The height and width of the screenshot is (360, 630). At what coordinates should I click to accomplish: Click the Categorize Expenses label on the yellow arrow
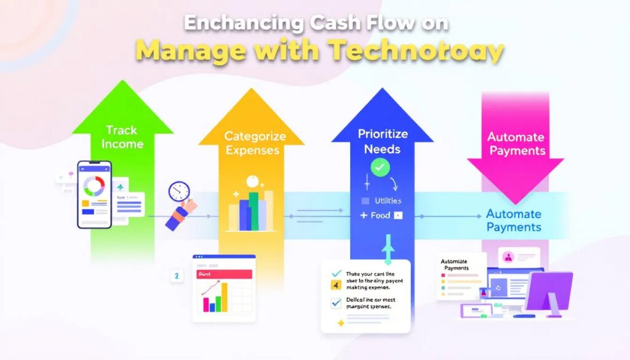point(252,143)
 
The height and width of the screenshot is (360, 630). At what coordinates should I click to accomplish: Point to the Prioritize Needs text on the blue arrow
point(382,141)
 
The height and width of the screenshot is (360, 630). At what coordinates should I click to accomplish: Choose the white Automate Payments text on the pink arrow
point(515,144)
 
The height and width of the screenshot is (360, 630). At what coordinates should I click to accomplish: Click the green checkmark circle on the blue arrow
point(380,167)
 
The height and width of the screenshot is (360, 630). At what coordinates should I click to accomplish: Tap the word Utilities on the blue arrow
point(387,201)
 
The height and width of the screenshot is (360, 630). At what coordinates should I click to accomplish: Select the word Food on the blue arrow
point(380,215)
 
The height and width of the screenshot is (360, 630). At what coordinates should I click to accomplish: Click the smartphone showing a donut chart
point(94,194)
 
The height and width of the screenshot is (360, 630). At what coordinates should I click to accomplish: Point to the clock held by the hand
point(178,191)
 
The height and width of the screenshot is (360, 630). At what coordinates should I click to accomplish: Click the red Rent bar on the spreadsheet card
point(223,274)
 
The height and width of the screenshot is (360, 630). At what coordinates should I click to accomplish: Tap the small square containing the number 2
point(177,276)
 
